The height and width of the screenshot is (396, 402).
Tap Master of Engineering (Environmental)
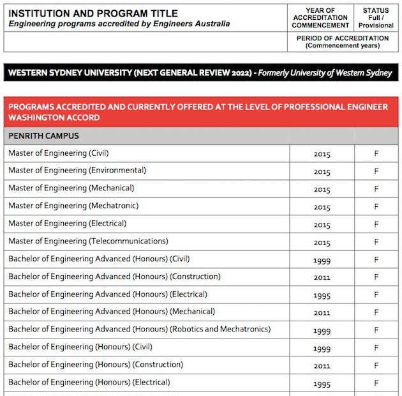(x=77, y=171)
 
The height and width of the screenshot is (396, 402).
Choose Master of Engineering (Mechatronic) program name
(x=73, y=206)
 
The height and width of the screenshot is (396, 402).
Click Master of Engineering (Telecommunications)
(x=88, y=241)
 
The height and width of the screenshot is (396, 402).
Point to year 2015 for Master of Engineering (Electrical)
(x=322, y=225)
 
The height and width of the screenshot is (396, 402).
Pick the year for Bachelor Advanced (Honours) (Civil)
(x=322, y=261)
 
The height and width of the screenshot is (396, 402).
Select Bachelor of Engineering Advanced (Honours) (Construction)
(x=114, y=277)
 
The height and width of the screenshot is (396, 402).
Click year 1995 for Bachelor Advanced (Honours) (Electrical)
(x=322, y=296)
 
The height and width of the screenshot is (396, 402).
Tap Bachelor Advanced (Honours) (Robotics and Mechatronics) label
(x=139, y=330)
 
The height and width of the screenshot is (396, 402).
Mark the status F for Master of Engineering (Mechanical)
(x=376, y=190)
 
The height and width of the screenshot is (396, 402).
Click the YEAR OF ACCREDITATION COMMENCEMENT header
(x=320, y=18)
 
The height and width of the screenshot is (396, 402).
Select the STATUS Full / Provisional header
(x=376, y=18)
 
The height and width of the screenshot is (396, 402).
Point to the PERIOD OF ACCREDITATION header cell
(x=343, y=42)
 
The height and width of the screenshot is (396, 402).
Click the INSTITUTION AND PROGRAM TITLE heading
(x=93, y=13)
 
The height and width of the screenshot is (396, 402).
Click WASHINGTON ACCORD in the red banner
(x=54, y=118)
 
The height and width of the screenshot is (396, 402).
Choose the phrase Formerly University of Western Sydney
(x=325, y=73)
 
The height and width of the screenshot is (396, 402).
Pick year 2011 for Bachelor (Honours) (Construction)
(x=322, y=366)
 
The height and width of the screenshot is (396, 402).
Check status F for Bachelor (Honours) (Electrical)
(x=376, y=383)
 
